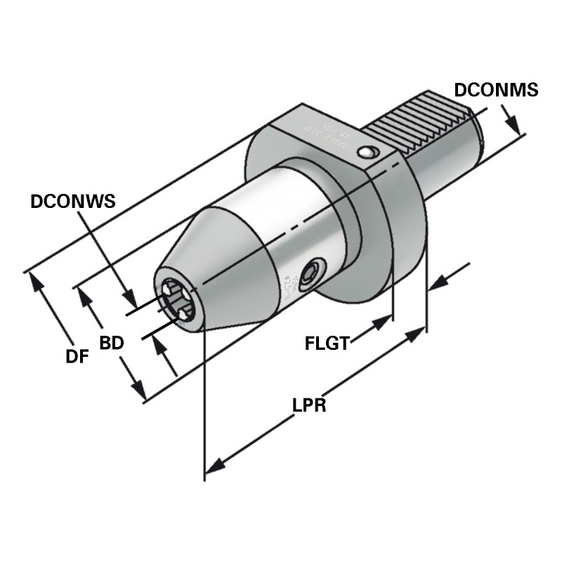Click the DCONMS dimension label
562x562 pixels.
496,90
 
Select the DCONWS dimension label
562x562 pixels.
72,202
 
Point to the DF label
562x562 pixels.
77,356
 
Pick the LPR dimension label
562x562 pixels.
309,405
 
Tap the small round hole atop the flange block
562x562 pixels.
366,152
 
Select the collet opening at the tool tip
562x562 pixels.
176,301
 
